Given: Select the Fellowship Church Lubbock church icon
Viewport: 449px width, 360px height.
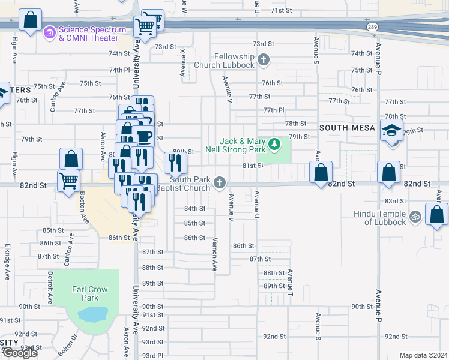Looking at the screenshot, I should click(264, 60).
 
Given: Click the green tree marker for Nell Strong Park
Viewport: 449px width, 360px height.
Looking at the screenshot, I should click(274, 144).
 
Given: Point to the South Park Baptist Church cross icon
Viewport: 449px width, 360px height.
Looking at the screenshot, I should click(220, 182).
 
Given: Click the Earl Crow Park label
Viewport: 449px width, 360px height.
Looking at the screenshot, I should click(89, 293).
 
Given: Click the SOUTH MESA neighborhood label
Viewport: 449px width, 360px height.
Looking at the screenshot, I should click(347, 128).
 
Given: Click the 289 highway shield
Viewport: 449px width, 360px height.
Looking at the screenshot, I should click(372, 27).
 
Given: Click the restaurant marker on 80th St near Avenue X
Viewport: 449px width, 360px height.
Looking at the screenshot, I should click(175, 161).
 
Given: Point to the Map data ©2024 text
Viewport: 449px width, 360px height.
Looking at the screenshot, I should click(423, 355).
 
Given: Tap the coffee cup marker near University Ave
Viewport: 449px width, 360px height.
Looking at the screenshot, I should click(144, 136).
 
